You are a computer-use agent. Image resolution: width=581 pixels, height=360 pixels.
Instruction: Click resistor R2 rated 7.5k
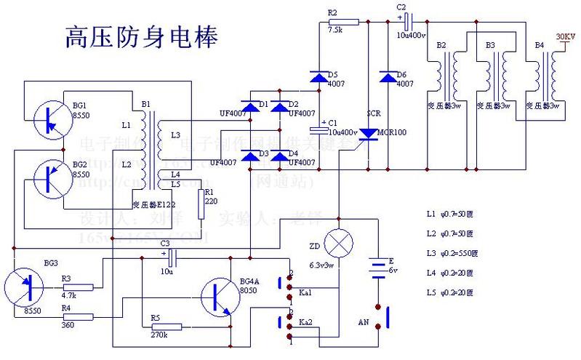(344, 22)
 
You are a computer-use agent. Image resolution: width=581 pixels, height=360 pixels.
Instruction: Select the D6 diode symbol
(385, 76)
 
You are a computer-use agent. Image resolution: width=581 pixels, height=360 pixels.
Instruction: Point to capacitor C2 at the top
(408, 20)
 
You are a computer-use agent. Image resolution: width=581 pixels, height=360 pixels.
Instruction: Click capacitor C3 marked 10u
(172, 257)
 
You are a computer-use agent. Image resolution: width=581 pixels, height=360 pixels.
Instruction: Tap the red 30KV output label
(564, 36)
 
